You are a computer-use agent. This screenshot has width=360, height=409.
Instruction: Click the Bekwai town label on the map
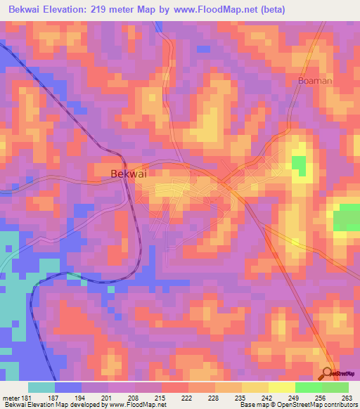129,173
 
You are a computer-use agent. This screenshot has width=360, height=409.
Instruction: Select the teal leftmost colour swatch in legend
41,387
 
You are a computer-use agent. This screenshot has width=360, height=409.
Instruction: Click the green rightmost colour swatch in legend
335,387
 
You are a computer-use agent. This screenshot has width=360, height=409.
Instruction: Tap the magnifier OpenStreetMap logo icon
328,374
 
